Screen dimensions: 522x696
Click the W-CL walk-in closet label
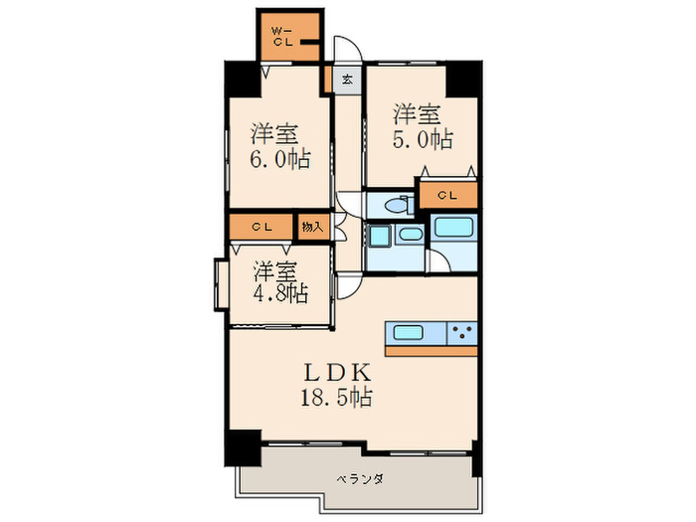tap(282, 36)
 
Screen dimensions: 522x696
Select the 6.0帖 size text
tap(280, 160)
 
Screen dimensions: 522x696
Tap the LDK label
tap(337, 374)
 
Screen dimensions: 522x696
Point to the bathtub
tap(453, 227)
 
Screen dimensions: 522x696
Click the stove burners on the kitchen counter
tap(460, 332)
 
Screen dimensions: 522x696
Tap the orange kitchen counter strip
tap(431, 350)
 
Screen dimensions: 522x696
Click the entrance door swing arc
tap(345, 49)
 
